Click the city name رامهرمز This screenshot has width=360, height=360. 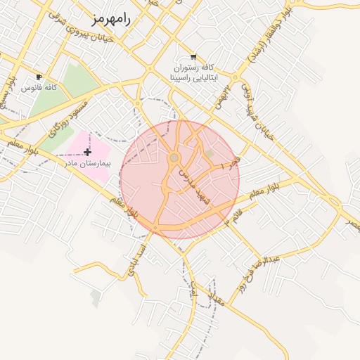pos(110,19)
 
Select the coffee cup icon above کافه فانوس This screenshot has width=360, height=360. pos(39,77)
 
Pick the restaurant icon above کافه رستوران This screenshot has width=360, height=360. pos(193,57)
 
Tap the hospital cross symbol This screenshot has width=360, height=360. pos(87,152)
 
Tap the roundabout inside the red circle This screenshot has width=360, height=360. pos(174,157)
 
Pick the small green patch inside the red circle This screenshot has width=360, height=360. pos(209,153)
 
